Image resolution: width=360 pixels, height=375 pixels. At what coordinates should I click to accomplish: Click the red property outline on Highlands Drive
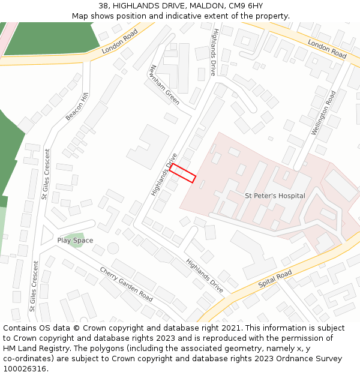pos(183,173)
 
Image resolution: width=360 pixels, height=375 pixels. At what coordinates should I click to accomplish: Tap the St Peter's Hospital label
pos(275,196)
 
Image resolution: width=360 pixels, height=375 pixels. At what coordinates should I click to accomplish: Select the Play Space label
pos(75,241)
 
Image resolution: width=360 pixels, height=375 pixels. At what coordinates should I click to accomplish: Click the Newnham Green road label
pos(165,85)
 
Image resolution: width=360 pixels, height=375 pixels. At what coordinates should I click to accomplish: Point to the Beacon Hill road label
pos(77,107)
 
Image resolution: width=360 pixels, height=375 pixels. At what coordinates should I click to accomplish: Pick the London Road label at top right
pos(327,49)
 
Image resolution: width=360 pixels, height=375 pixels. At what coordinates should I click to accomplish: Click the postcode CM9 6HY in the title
pos(246,6)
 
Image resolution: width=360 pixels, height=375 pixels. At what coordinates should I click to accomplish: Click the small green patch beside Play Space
pos(76,241)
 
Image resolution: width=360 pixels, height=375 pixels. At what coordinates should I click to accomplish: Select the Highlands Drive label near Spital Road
pos(205,276)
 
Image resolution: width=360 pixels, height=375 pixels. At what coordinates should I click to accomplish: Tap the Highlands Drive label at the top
pos(213,52)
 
